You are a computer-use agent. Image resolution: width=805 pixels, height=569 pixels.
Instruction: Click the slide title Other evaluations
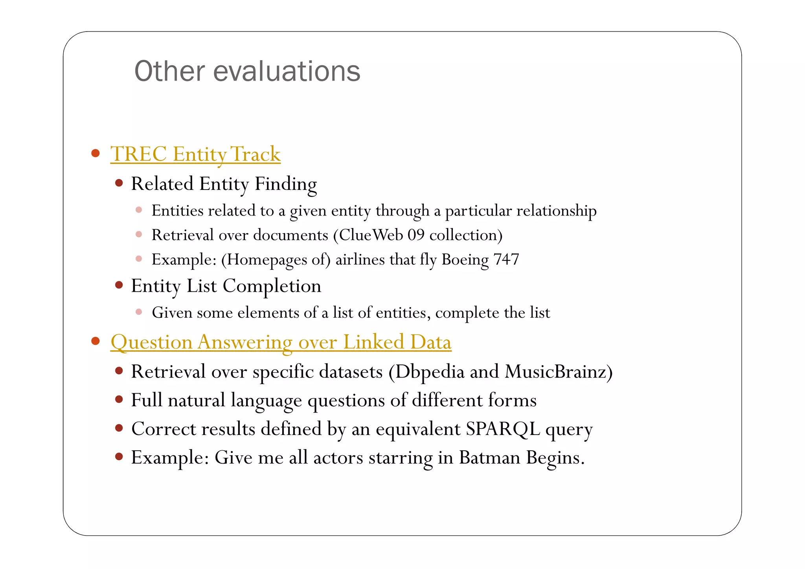point(247,72)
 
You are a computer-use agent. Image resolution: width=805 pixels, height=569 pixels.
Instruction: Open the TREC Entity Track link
point(195,154)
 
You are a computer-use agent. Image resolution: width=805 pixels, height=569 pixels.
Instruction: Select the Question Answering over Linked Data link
point(281,342)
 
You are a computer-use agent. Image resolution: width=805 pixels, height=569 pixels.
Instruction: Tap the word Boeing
point(465,260)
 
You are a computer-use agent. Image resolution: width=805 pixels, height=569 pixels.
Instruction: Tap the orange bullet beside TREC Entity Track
point(95,153)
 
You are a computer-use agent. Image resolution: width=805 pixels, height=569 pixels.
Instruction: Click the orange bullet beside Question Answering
point(95,341)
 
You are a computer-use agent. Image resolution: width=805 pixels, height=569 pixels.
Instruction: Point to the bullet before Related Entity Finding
point(119,183)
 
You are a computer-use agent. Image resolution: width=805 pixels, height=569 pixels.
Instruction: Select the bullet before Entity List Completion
point(119,285)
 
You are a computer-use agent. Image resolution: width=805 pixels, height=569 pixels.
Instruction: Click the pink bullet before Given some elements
point(139,312)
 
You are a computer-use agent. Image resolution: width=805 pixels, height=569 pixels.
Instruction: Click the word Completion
point(272,286)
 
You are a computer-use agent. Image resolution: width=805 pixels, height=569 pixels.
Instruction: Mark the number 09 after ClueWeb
point(416,235)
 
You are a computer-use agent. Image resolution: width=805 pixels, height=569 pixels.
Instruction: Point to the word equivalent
point(418,429)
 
